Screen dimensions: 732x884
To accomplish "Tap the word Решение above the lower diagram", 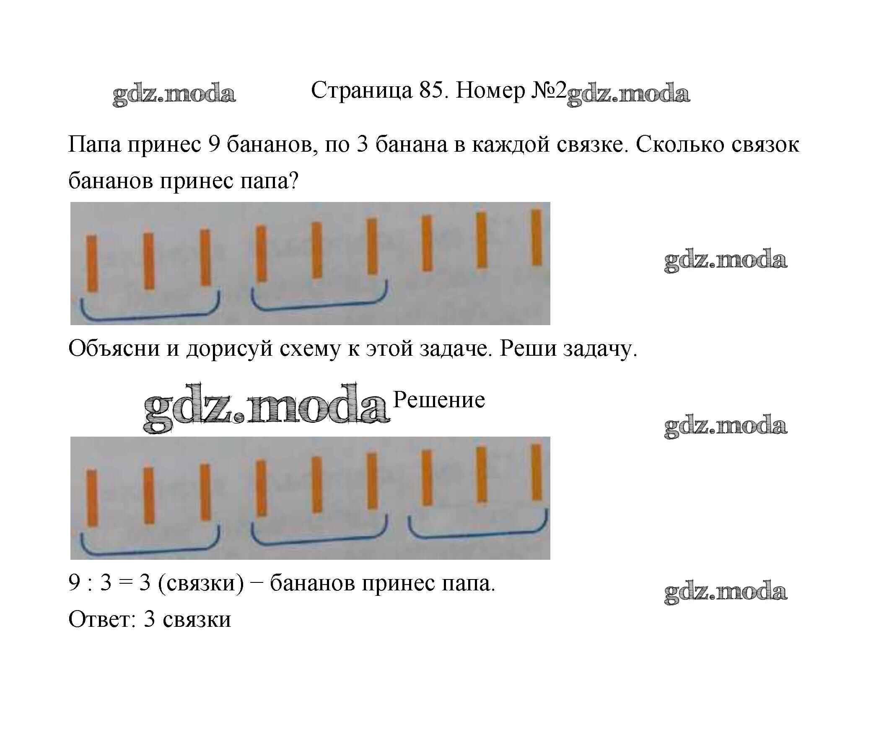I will pyautogui.click(x=438, y=400).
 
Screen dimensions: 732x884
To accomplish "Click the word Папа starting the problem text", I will pyautogui.click(x=94, y=145).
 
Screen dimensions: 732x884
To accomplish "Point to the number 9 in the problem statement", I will pyautogui.click(x=214, y=145).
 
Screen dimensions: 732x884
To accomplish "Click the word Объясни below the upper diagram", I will pyautogui.click(x=114, y=349).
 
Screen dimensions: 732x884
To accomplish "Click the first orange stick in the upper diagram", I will pyautogui.click(x=92, y=264).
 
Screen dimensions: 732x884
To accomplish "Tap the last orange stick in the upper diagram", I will pyautogui.click(x=537, y=238).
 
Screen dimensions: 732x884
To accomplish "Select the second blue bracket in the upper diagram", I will pyautogui.click(x=319, y=300).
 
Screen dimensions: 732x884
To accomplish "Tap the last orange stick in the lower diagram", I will pyautogui.click(x=537, y=473).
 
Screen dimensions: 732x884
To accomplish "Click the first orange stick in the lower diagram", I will pyautogui.click(x=92, y=498).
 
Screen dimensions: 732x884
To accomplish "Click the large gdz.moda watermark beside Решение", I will pyautogui.click(x=265, y=407).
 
